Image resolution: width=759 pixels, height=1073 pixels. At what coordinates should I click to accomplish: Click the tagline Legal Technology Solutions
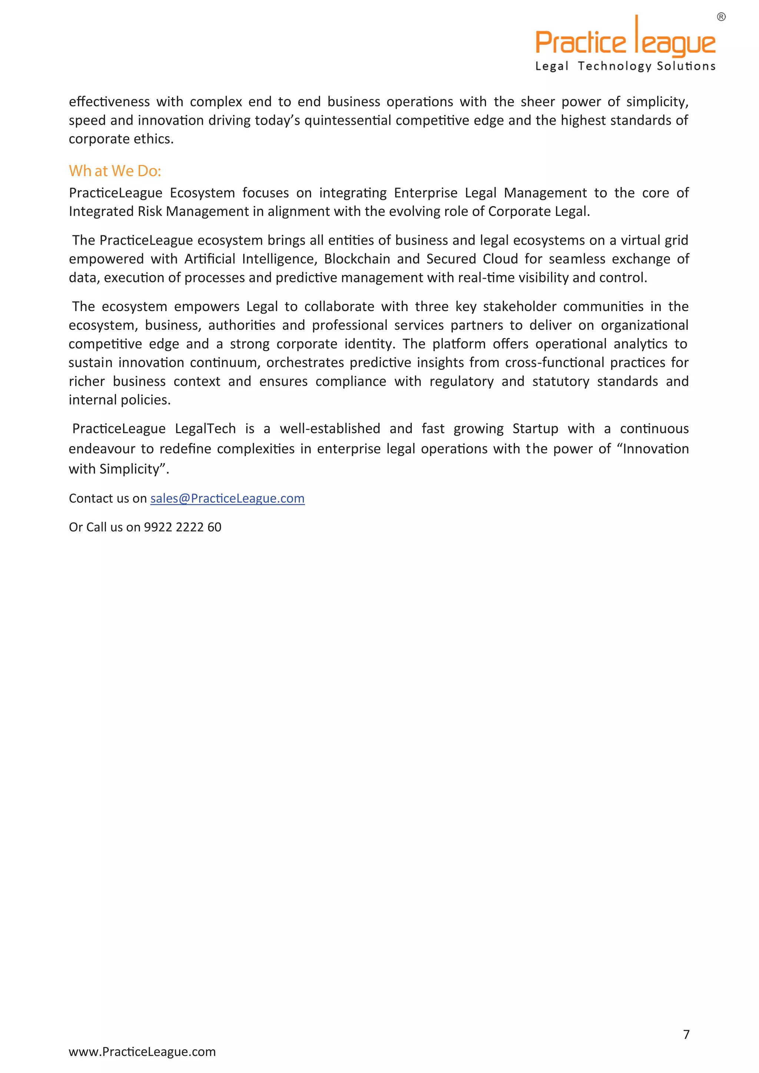625,66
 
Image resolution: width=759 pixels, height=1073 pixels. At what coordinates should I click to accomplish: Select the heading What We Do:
115,171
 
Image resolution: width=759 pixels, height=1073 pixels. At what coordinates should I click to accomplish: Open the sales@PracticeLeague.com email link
227,499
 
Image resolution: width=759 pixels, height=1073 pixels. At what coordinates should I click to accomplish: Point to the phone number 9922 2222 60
182,527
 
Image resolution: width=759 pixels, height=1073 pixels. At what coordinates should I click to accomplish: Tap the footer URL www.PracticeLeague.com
142,1052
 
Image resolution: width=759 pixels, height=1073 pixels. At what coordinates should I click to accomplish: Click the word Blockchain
357,259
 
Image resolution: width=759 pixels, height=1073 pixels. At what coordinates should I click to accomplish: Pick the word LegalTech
205,429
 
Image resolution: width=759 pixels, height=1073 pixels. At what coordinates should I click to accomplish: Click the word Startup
535,429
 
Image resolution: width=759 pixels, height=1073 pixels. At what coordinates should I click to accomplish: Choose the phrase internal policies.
119,400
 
